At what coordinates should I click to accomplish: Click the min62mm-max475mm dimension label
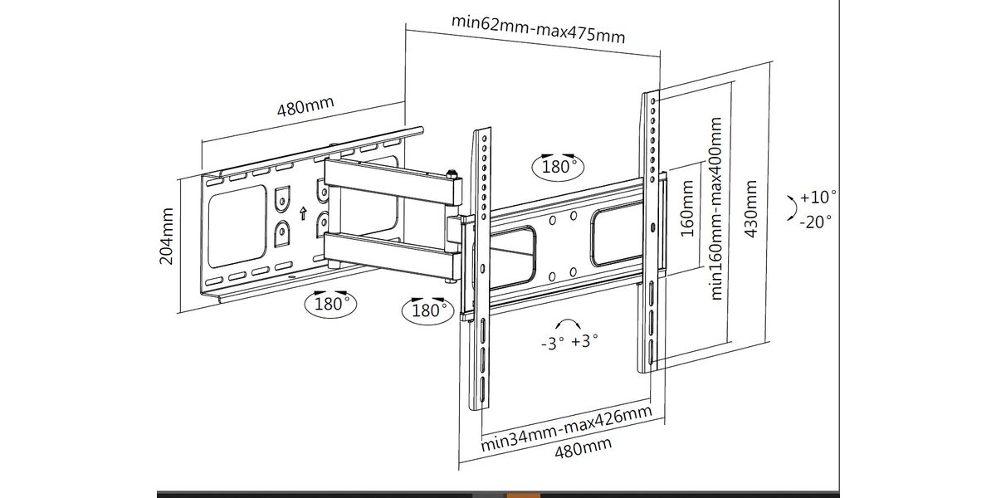pyautogui.click(x=538, y=29)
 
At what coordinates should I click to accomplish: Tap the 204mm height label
pyautogui.click(x=166, y=236)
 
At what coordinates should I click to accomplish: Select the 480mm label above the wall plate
pyautogui.click(x=305, y=106)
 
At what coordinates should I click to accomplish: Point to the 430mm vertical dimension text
pyautogui.click(x=750, y=209)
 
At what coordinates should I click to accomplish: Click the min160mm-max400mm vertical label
pyautogui.click(x=715, y=208)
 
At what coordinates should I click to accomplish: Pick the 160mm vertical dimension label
pyautogui.click(x=687, y=208)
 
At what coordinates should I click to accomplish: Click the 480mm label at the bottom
pyautogui.click(x=583, y=447)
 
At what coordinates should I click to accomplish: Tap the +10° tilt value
pyautogui.click(x=818, y=197)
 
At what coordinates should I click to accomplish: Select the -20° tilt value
pyautogui.click(x=815, y=222)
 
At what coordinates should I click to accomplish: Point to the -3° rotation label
pyautogui.click(x=552, y=343)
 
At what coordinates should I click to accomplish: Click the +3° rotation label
pyautogui.click(x=584, y=341)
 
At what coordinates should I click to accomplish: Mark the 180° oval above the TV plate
pyautogui.click(x=558, y=167)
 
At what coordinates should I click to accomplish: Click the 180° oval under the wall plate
pyautogui.click(x=330, y=304)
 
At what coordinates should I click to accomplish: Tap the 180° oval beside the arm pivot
pyautogui.click(x=427, y=310)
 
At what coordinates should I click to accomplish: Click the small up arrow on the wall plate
pyautogui.click(x=303, y=213)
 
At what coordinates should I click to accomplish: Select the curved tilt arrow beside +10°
pyautogui.click(x=792, y=208)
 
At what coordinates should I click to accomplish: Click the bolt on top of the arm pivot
pyautogui.click(x=452, y=173)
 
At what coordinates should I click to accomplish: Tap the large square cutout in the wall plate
pyautogui.click(x=237, y=227)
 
